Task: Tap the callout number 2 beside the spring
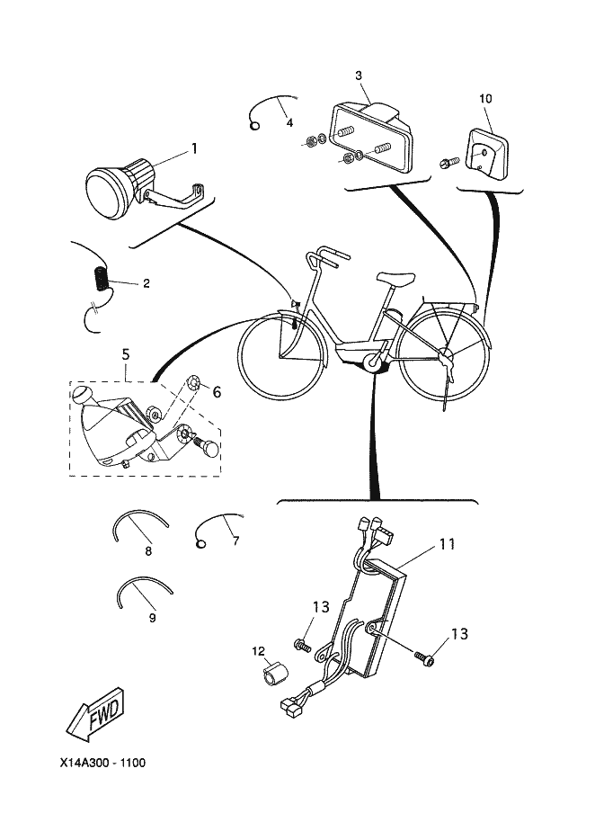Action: pos(146,283)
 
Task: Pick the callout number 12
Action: pos(258,649)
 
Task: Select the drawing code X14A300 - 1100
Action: pos(98,763)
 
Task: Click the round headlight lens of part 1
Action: pos(106,191)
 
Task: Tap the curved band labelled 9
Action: pos(144,589)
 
